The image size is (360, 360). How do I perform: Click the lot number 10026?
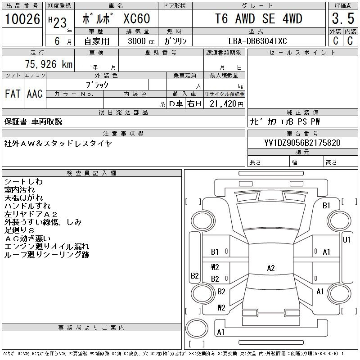point(22,19)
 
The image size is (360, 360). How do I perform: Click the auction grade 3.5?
point(343,18)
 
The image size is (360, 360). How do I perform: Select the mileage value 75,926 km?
point(49,64)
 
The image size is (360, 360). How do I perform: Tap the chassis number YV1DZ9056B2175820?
point(302,143)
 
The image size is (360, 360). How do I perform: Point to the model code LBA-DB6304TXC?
point(257,41)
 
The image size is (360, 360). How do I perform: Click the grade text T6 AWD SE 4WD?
point(258,18)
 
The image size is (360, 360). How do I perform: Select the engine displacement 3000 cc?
point(141,41)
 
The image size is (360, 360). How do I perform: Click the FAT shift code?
point(13,94)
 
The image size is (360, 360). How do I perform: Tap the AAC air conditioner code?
point(35,94)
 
